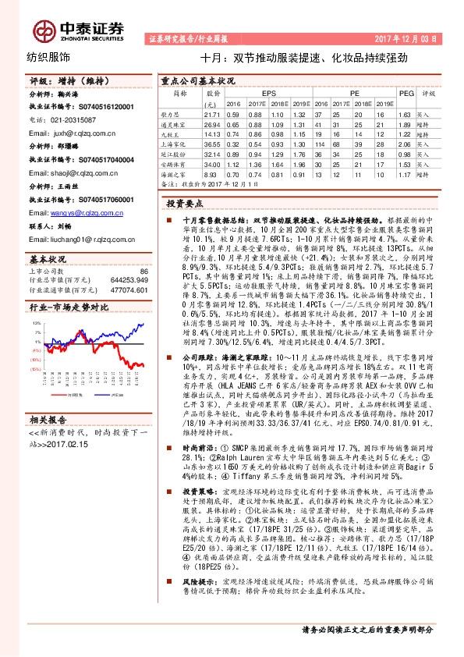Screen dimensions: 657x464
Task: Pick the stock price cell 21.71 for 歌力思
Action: pyautogui.click(x=209, y=114)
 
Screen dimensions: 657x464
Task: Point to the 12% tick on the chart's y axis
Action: pyautogui.click(x=37, y=321)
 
